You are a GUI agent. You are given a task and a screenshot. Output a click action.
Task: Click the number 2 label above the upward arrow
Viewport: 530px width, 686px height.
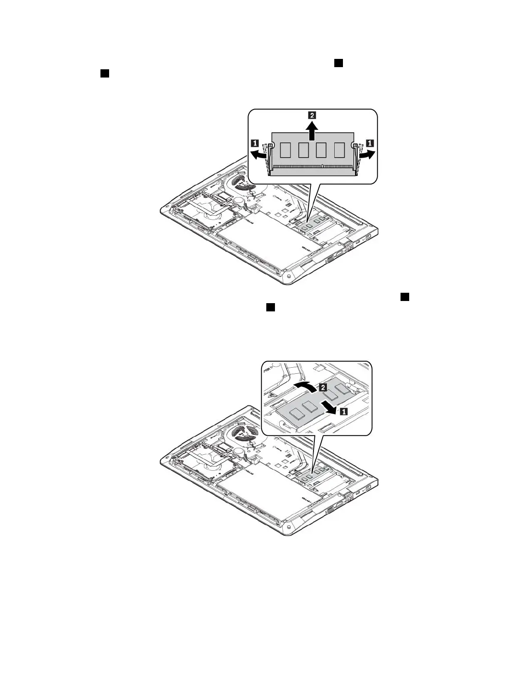pyautogui.click(x=312, y=115)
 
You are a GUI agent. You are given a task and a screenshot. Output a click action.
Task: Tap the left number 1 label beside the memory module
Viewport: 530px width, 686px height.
pyautogui.click(x=255, y=142)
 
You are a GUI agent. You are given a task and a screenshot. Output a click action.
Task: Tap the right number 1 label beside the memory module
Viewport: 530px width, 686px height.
pyautogui.click(x=371, y=142)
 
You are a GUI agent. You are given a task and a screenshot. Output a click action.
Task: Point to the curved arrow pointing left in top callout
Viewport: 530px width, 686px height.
pyautogui.click(x=258, y=155)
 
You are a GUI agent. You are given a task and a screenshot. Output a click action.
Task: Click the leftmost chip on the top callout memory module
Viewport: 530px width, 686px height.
pyautogui.click(x=285, y=150)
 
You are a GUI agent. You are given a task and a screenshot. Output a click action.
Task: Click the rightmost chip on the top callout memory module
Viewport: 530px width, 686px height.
pyautogui.click(x=339, y=150)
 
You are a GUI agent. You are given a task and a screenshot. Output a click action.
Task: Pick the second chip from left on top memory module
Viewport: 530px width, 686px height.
pyautogui.click(x=303, y=150)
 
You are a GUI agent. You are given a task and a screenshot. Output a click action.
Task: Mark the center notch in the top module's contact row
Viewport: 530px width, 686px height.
pyautogui.click(x=323, y=166)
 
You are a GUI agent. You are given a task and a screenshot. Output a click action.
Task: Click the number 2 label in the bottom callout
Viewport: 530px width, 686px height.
pyautogui.click(x=323, y=388)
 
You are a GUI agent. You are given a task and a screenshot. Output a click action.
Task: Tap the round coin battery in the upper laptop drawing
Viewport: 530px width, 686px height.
pyautogui.click(x=238, y=201)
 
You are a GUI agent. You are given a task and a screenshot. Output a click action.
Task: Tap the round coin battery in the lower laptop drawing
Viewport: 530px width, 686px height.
pyautogui.click(x=238, y=451)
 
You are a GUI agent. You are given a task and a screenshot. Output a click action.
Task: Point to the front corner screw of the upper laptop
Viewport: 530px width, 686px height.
pyautogui.click(x=288, y=276)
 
